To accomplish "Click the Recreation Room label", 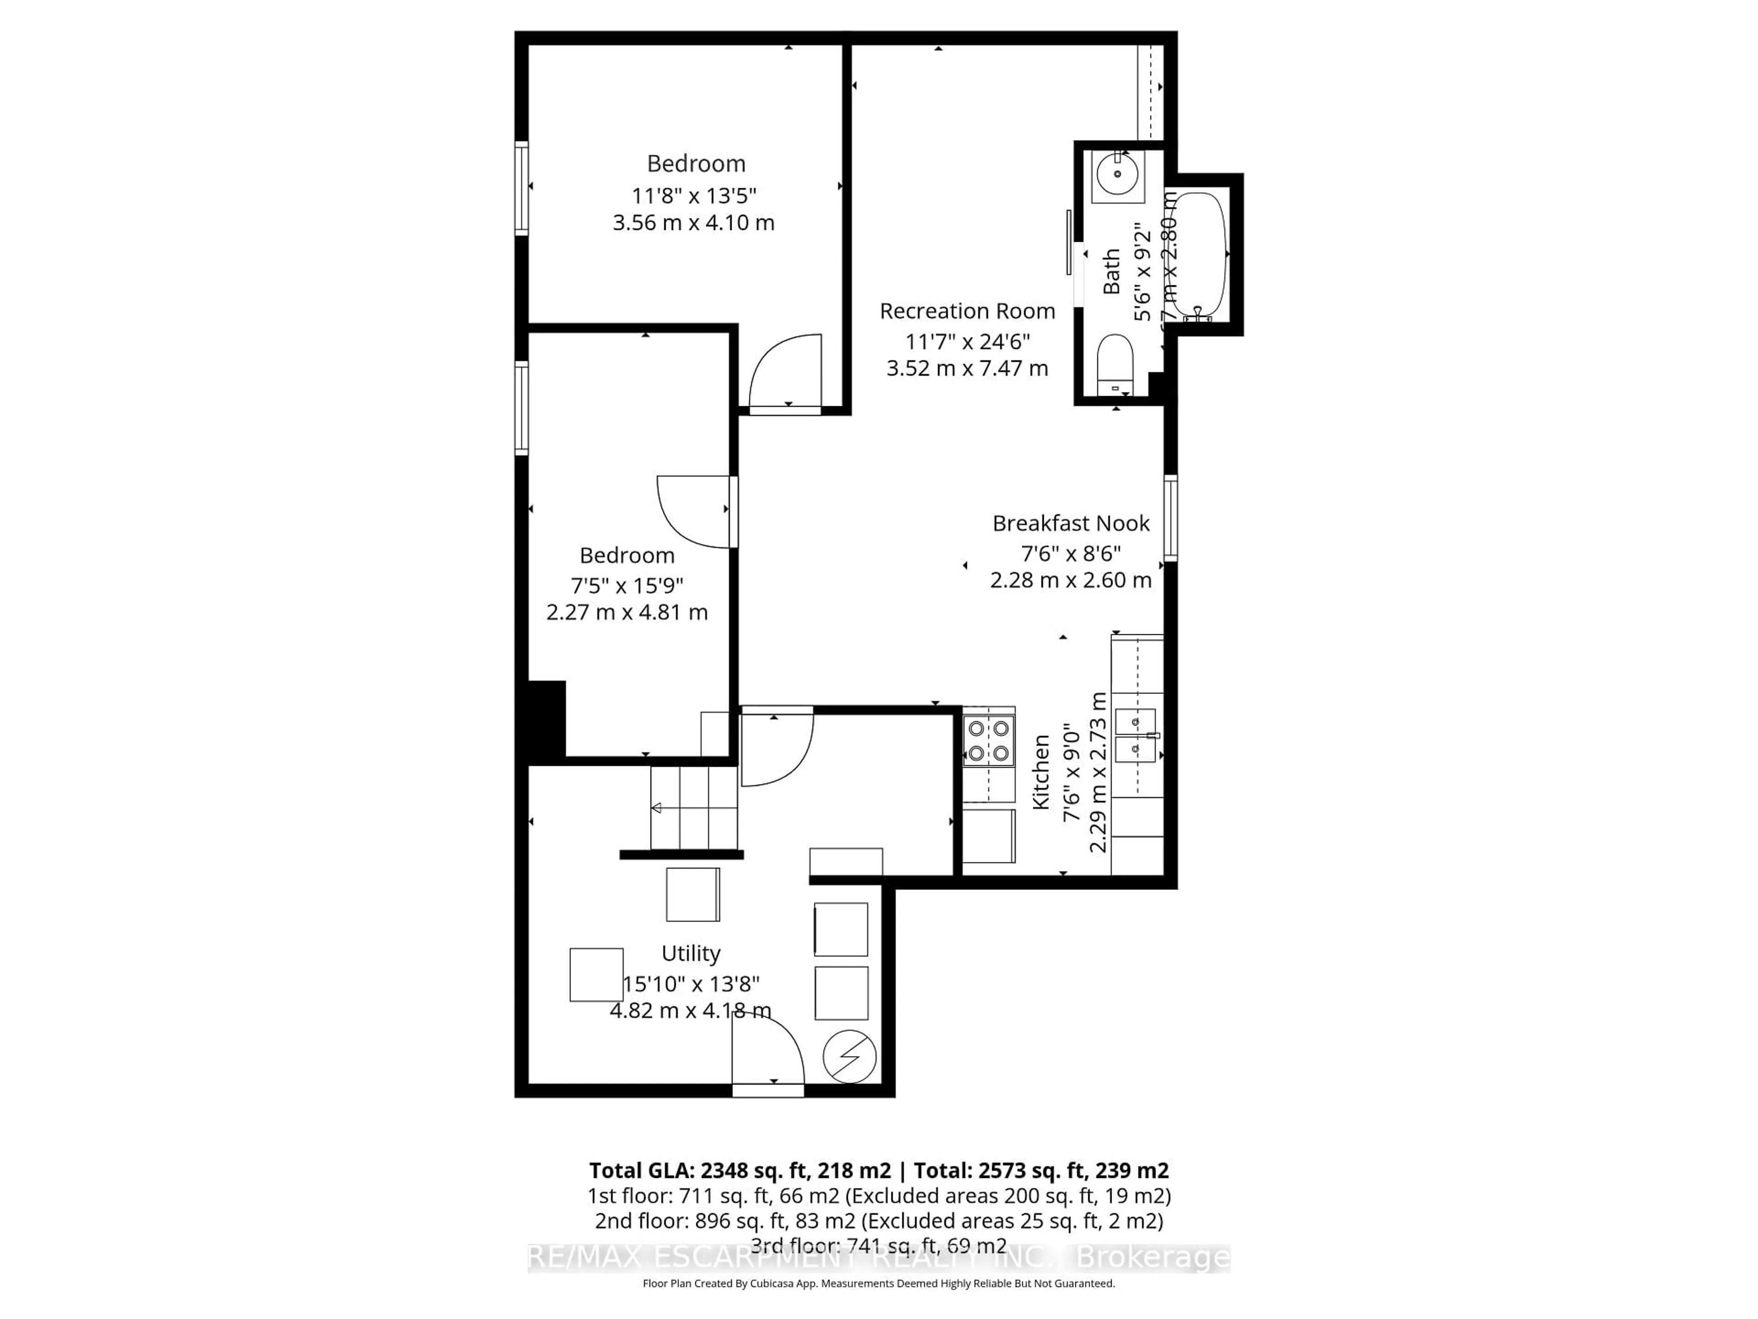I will point(967,311).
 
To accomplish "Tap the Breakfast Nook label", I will point(1070,523).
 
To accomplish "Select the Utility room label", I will point(691,953).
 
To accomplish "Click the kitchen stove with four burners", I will point(989,740).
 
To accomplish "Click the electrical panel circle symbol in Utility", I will point(850,1057).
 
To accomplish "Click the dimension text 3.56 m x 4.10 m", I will point(693,223).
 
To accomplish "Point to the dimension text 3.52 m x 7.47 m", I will point(967,369).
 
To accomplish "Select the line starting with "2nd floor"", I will point(878,1221).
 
